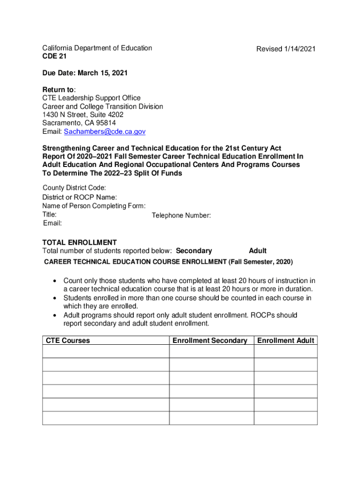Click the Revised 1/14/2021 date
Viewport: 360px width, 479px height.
[x=286, y=49]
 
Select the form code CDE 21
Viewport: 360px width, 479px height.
[x=54, y=56]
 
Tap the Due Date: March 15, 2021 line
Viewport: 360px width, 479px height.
[x=85, y=73]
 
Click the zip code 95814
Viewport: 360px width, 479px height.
[x=106, y=123]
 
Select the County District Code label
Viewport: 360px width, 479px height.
[x=71, y=188]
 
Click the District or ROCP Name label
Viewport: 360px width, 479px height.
[x=79, y=197]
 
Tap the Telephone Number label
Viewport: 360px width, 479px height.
[x=181, y=216]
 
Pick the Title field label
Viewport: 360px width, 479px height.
[x=50, y=214]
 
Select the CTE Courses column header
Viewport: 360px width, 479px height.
[x=68, y=341]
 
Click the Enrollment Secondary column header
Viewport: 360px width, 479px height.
[x=209, y=341]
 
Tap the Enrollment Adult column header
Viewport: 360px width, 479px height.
[x=286, y=341]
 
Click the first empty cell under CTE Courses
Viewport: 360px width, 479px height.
[x=106, y=351]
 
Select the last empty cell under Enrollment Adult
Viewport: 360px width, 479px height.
[x=286, y=418]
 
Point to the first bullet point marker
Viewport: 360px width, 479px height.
[x=55, y=281]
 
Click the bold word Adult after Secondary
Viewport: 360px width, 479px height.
[x=258, y=251]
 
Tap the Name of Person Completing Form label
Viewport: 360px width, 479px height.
[x=94, y=206]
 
